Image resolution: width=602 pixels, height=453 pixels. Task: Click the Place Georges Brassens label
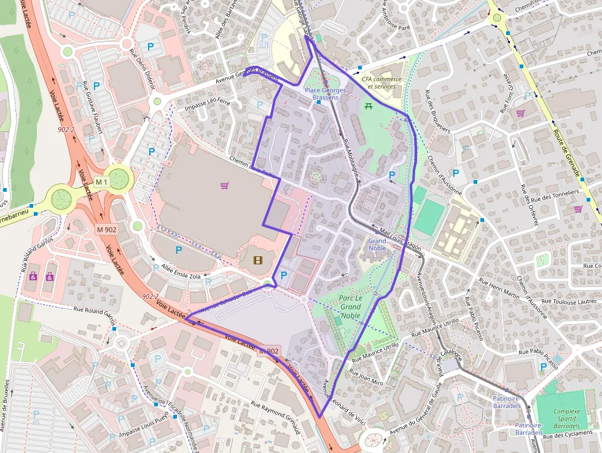tap(325, 94)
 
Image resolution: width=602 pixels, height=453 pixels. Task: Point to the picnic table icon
tap(369, 106)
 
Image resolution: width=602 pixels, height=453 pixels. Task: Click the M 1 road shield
tap(101, 182)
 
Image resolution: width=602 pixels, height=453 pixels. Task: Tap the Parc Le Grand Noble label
tap(350, 307)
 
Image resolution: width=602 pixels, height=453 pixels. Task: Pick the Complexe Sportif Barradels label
tap(566, 419)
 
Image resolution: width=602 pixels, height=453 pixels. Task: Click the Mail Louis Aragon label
tap(400, 237)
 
